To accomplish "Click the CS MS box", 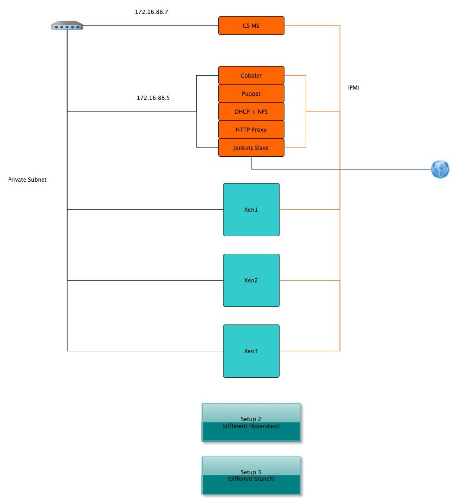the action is [x=251, y=25].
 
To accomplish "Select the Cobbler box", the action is [x=251, y=75].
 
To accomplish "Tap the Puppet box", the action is [x=251, y=93].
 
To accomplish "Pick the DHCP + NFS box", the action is [x=251, y=111].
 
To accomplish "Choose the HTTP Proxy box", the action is [x=251, y=130].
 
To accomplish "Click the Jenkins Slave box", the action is [x=251, y=147].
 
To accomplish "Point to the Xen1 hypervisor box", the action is [x=251, y=210].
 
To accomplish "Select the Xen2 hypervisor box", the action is [x=251, y=281].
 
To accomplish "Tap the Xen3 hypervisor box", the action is [x=251, y=351].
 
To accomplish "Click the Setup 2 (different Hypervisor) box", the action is [x=251, y=422].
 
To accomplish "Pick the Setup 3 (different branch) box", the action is [x=251, y=476].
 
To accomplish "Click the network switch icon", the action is [x=67, y=25].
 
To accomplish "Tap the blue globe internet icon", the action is [x=440, y=169].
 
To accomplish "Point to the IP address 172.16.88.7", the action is [x=151, y=12].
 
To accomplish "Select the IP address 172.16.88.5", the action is [x=153, y=98].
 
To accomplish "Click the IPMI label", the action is [x=353, y=88].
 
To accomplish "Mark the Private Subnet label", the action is [x=27, y=180].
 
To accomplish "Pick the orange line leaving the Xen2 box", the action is [x=310, y=281].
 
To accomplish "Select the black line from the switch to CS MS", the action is [x=151, y=25].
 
